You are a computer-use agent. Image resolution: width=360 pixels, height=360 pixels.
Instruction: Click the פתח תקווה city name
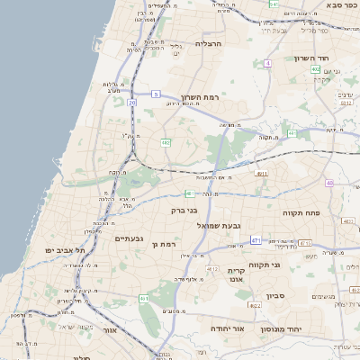(x=337, y=212)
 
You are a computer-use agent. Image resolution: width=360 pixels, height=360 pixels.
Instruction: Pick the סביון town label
(x=274, y=295)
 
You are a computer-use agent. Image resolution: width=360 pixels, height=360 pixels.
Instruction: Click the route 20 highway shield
(x=131, y=103)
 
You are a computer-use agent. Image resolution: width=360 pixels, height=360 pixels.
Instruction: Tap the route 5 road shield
(x=156, y=94)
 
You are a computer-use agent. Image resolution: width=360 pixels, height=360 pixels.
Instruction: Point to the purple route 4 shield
(x=267, y=63)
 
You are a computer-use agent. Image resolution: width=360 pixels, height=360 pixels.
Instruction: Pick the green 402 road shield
(x=315, y=68)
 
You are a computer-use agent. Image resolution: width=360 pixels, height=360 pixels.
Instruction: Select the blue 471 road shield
(x=256, y=240)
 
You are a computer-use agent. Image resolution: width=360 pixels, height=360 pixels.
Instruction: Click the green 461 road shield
(x=144, y=298)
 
